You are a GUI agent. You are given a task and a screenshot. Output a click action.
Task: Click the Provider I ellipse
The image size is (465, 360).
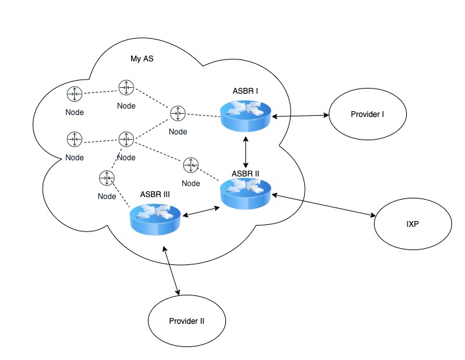(x=367, y=115)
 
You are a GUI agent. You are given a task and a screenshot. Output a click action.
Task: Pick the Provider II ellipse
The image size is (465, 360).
(x=187, y=321)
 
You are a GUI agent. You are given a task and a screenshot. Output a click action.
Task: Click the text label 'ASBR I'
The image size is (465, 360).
(x=245, y=92)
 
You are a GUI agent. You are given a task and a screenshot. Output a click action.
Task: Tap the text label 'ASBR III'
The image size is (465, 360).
(x=156, y=193)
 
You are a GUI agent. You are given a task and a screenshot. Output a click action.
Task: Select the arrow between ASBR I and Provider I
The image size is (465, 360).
(x=300, y=116)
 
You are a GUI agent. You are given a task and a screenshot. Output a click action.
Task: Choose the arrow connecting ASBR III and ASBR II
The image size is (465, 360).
(x=201, y=210)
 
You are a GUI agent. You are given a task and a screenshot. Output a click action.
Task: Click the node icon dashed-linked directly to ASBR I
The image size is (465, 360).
(x=178, y=114)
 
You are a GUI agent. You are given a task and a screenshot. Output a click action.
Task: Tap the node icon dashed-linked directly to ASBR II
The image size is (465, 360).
(x=191, y=165)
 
